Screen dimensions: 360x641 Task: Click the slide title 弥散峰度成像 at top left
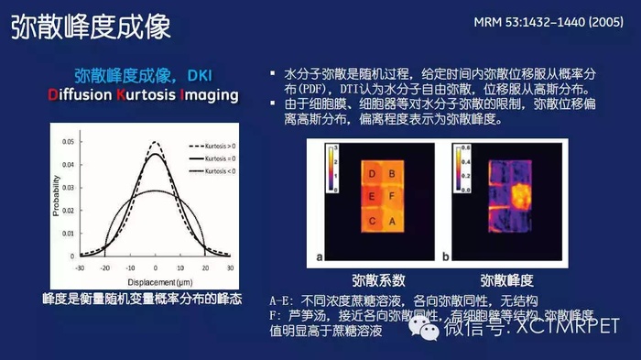[90, 27]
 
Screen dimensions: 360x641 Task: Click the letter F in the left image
[393, 196]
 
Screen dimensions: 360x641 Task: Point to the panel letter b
[447, 257]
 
